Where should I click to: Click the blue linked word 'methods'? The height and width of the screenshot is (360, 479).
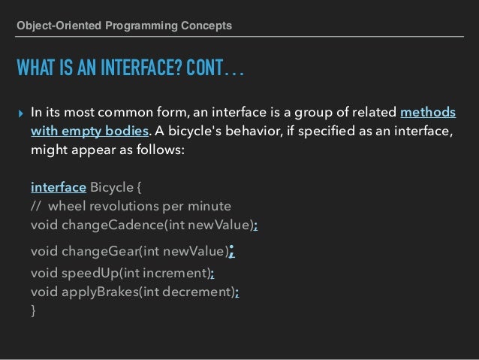pyautogui.click(x=428, y=113)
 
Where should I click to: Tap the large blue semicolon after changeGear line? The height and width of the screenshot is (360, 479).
pyautogui.click(x=232, y=250)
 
